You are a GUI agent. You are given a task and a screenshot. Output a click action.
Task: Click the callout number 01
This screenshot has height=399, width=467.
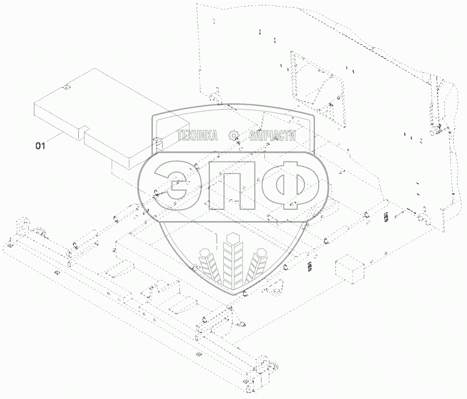point(40,146)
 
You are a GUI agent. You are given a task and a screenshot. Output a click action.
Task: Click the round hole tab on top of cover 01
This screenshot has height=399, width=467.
point(67,87)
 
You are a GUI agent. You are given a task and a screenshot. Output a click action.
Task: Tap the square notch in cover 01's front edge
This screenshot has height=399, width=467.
point(86,128)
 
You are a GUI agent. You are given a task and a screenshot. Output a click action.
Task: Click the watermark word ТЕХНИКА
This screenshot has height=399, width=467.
point(198,135)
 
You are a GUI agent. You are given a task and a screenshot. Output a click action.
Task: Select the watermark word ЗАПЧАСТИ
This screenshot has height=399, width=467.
point(273,135)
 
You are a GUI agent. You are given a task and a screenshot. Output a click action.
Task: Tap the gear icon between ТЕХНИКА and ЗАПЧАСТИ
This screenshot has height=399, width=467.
point(233,135)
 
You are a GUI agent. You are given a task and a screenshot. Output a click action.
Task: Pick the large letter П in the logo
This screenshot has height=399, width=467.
point(232,186)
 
